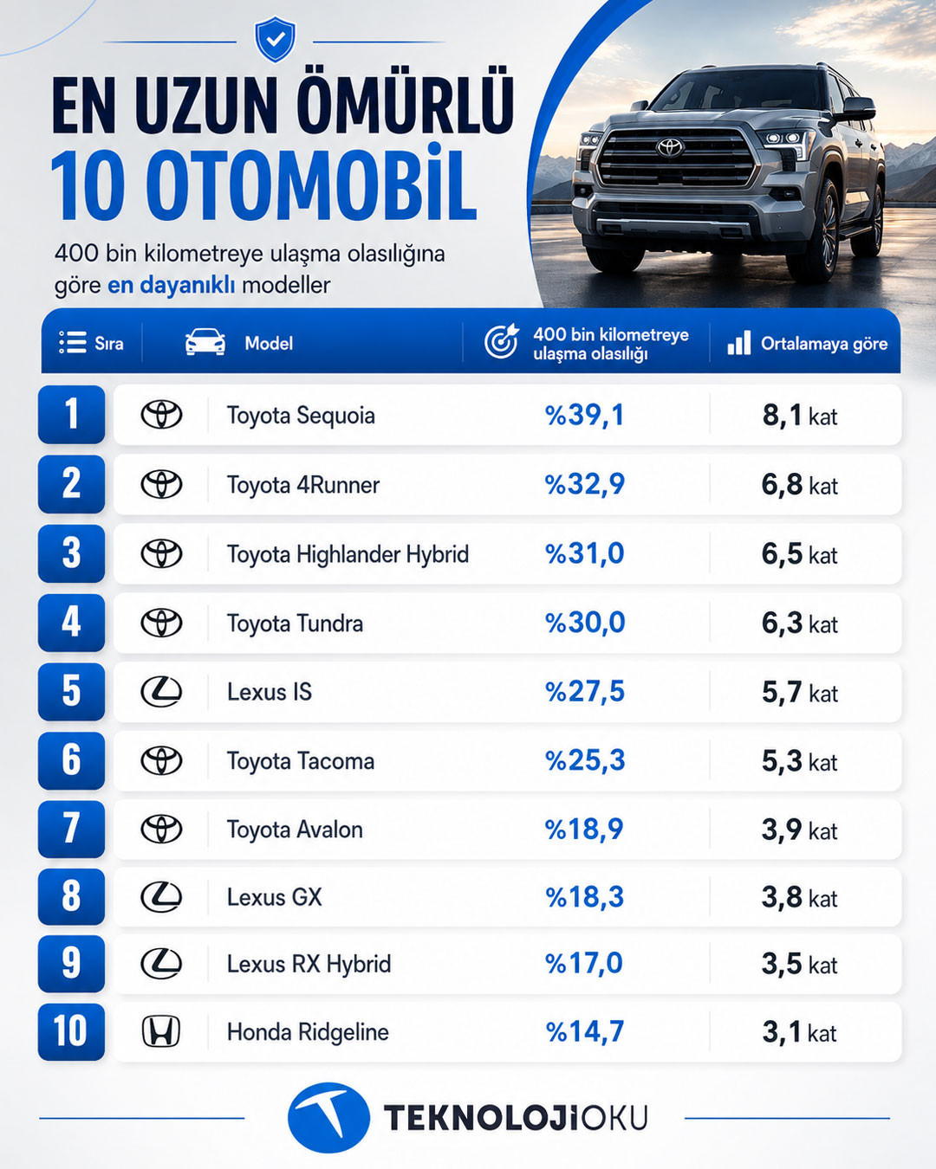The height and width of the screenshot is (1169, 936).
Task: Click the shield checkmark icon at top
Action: [276, 40]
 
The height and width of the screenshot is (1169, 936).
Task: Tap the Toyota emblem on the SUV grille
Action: [670, 146]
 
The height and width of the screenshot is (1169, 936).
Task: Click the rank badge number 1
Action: [71, 415]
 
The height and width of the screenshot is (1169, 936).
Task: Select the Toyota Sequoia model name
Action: [301, 416]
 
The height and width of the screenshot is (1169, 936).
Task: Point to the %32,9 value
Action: [585, 484]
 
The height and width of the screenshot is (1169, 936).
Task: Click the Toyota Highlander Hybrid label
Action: [348, 554]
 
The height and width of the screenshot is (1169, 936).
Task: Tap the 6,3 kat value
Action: [799, 623]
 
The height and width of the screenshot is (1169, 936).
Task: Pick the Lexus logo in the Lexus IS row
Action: [161, 692]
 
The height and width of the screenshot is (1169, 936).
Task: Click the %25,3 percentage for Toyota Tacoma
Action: [585, 760]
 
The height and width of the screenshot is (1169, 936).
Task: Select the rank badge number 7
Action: [71, 829]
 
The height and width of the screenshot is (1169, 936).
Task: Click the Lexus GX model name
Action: [275, 897]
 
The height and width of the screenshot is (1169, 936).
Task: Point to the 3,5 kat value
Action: [799, 964]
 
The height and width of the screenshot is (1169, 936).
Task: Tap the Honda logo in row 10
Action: [161, 1031]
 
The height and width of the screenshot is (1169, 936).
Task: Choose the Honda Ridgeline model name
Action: [308, 1032]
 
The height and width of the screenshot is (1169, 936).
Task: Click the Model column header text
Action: [269, 343]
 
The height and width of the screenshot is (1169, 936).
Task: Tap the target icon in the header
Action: [502, 341]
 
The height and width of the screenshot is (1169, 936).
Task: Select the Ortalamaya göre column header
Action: [824, 344]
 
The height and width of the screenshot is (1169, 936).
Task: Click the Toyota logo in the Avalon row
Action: [161, 830]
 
